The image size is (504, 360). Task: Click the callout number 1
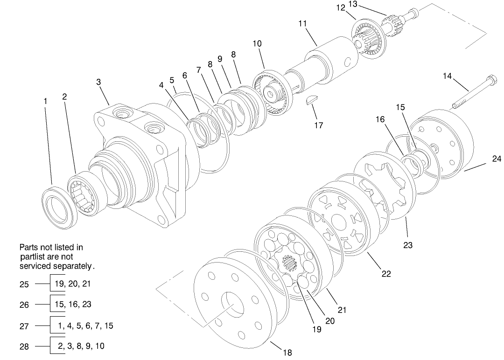tap(45, 101)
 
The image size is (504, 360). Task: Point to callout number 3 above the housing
tap(98, 82)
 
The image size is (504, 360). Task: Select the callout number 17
tap(319, 125)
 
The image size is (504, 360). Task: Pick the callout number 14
tap(448, 76)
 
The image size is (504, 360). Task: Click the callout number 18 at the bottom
tap(288, 353)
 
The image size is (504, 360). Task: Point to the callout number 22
tap(386, 274)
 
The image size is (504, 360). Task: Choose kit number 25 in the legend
tap(24, 284)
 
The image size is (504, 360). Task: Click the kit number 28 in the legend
tap(24, 347)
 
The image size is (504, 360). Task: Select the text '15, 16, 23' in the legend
tap(74, 305)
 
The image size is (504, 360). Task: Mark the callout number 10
tap(257, 43)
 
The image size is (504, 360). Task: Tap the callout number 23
tap(408, 245)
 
